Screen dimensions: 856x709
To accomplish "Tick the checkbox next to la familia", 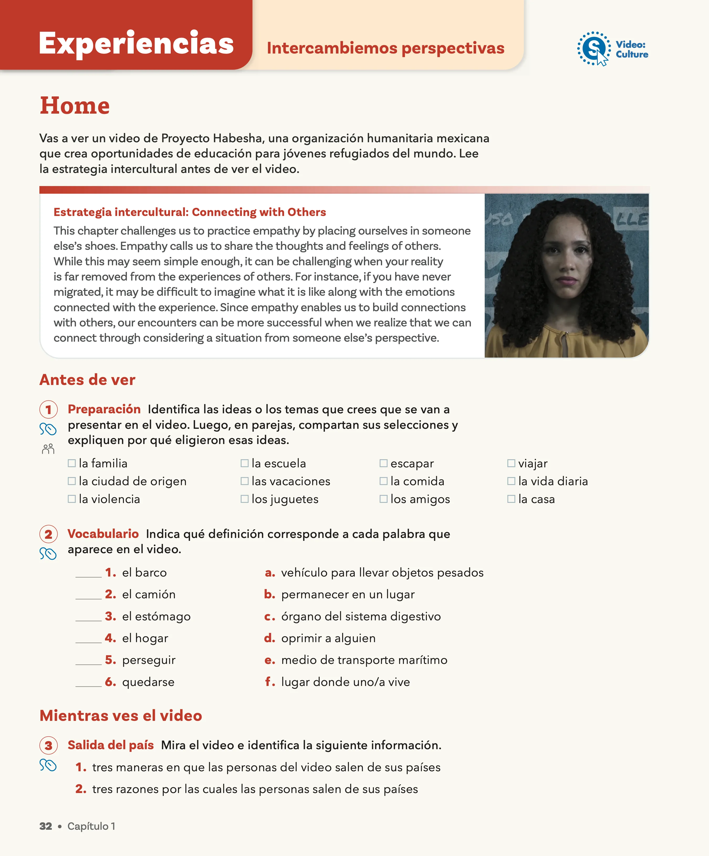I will click(72, 463).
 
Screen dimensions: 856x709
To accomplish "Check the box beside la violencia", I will click(72, 499).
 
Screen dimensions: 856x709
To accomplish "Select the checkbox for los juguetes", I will click(244, 499).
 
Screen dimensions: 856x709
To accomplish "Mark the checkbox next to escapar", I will click(383, 463).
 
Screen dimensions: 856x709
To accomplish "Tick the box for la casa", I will click(511, 499).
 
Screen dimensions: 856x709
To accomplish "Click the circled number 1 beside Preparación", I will click(49, 409).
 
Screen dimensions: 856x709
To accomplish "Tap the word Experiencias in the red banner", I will click(136, 43).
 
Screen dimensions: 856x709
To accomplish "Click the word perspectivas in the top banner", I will click(453, 48).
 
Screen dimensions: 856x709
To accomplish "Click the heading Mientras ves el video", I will click(121, 715).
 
